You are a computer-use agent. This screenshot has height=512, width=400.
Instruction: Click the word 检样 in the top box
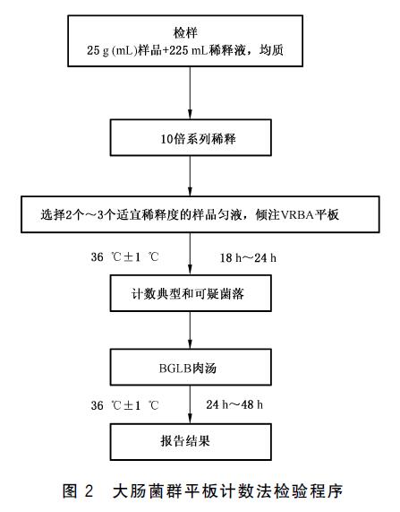[x=185, y=33]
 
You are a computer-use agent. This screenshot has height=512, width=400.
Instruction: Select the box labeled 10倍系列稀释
[x=191, y=137]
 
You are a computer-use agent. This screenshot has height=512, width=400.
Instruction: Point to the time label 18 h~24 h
[x=249, y=258]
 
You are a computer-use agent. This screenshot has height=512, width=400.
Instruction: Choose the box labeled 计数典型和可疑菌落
[x=191, y=293]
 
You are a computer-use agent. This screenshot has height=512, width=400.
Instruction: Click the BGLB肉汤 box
[x=191, y=367]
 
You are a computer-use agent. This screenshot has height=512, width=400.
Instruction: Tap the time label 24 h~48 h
[x=234, y=405]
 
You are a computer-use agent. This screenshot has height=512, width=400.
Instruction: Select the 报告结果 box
[x=191, y=442]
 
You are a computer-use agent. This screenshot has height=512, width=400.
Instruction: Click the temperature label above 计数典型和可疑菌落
[x=125, y=257]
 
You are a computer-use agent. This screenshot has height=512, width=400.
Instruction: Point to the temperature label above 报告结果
[x=125, y=405]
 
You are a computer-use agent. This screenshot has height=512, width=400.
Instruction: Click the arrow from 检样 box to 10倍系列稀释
[x=191, y=93]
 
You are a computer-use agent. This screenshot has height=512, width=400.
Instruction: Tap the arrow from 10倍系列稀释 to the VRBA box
[x=191, y=176]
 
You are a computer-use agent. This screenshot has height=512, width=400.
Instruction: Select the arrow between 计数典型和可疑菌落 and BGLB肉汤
[x=191, y=330]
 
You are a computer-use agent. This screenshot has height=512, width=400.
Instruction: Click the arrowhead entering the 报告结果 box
[x=191, y=419]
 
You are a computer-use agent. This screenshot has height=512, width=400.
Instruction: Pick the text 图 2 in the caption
[x=78, y=491]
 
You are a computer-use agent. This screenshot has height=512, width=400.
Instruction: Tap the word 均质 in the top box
[x=271, y=50]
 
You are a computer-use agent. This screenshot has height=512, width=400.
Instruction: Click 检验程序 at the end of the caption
[x=309, y=491]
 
